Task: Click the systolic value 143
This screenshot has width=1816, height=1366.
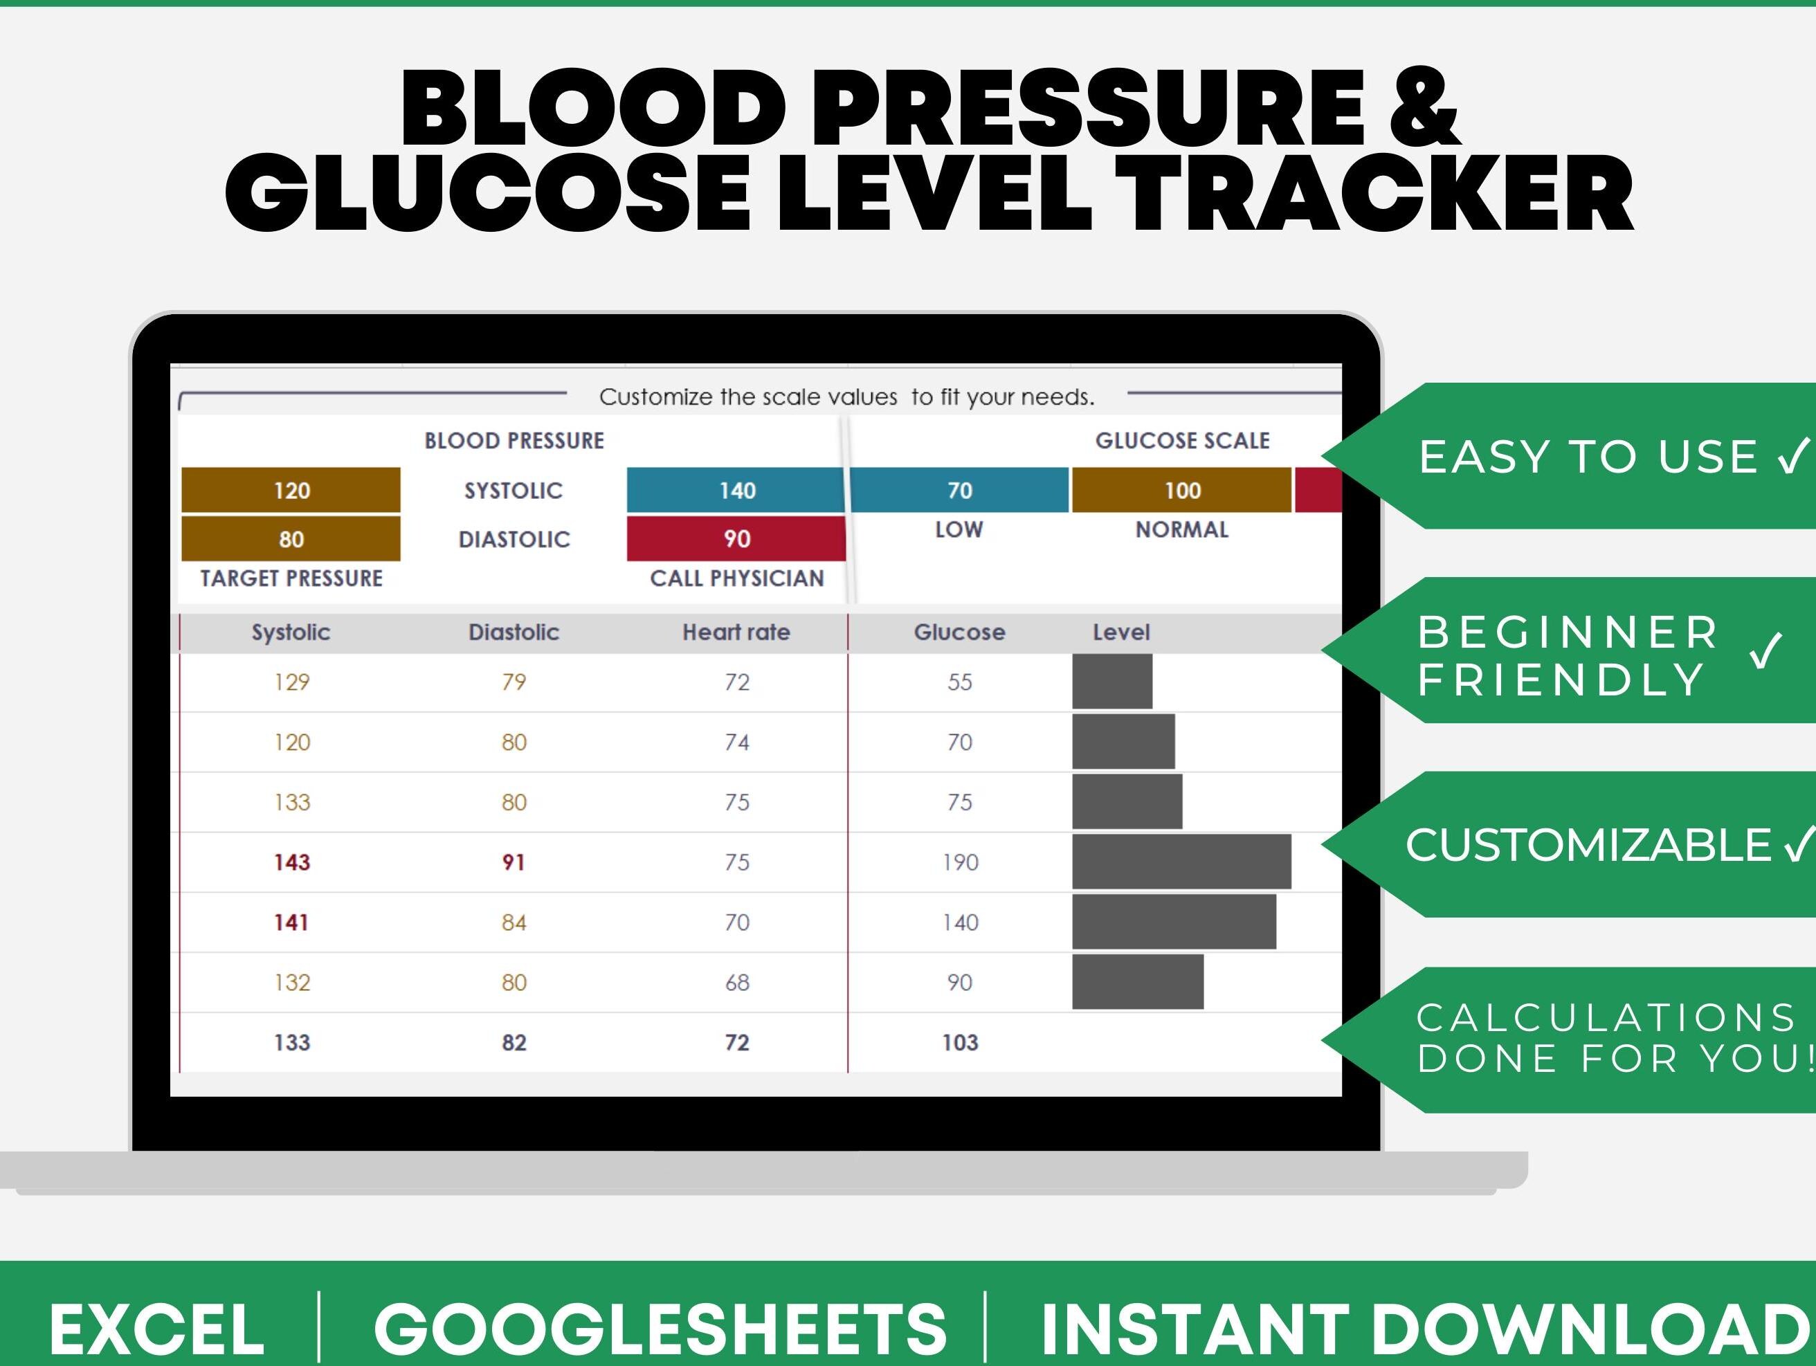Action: pos(291,862)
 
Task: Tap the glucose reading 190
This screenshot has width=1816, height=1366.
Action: pos(960,862)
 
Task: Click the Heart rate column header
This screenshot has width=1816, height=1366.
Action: pos(736,632)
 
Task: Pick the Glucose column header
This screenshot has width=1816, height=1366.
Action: pos(960,632)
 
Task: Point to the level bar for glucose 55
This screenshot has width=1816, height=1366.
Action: pos(1111,682)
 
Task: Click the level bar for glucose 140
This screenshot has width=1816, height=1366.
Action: pos(1174,922)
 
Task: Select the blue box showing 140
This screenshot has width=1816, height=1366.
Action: pos(736,490)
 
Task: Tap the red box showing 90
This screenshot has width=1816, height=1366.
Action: pos(736,538)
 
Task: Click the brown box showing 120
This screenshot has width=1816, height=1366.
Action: pos(291,490)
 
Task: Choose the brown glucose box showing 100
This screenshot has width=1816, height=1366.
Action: pos(1181,490)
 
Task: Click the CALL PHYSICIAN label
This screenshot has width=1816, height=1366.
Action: pos(736,578)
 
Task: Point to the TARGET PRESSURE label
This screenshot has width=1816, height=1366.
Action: pos(291,578)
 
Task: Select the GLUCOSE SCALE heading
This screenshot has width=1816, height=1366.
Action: pos(1182,441)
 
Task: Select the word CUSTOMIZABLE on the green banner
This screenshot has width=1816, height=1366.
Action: pos(1588,845)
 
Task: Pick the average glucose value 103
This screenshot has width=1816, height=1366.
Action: pos(960,1043)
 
